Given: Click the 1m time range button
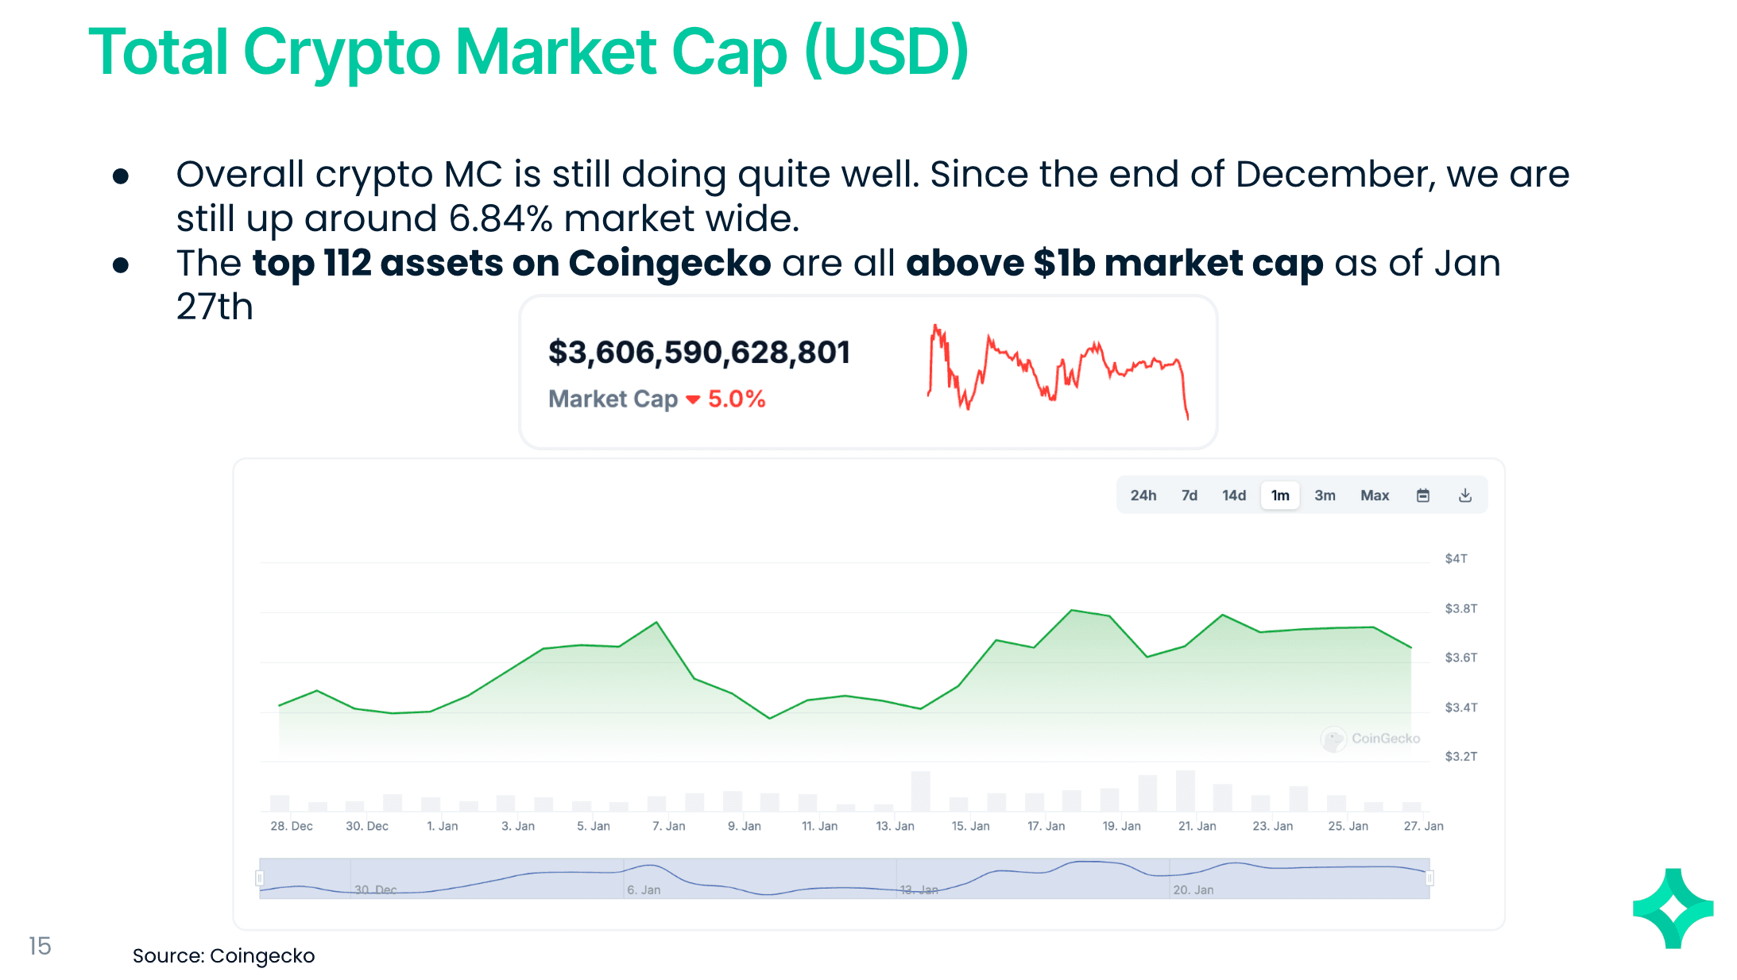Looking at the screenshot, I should [1279, 496].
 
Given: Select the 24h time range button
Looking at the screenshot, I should [1143, 496].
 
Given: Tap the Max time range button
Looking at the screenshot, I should [1374, 496].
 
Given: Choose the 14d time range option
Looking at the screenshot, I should [1233, 496].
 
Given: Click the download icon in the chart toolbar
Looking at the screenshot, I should [1464, 496].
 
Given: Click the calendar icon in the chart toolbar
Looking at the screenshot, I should [1422, 496].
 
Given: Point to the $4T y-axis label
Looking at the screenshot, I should [1456, 559].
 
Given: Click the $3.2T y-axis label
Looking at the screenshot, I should [1460, 757].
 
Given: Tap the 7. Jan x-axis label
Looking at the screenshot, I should [668, 826].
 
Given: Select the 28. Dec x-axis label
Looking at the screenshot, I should [291, 826].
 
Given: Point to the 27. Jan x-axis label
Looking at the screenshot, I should [1423, 826].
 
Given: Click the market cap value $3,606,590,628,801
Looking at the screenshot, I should [699, 353].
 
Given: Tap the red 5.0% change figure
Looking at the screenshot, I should [737, 399].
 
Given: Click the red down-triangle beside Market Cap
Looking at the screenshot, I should [693, 399].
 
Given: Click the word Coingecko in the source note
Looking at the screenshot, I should [262, 956].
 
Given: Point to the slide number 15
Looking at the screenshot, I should [40, 946].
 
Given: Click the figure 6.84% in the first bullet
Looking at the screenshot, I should [501, 219].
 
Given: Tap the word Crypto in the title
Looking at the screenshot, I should [342, 52].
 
